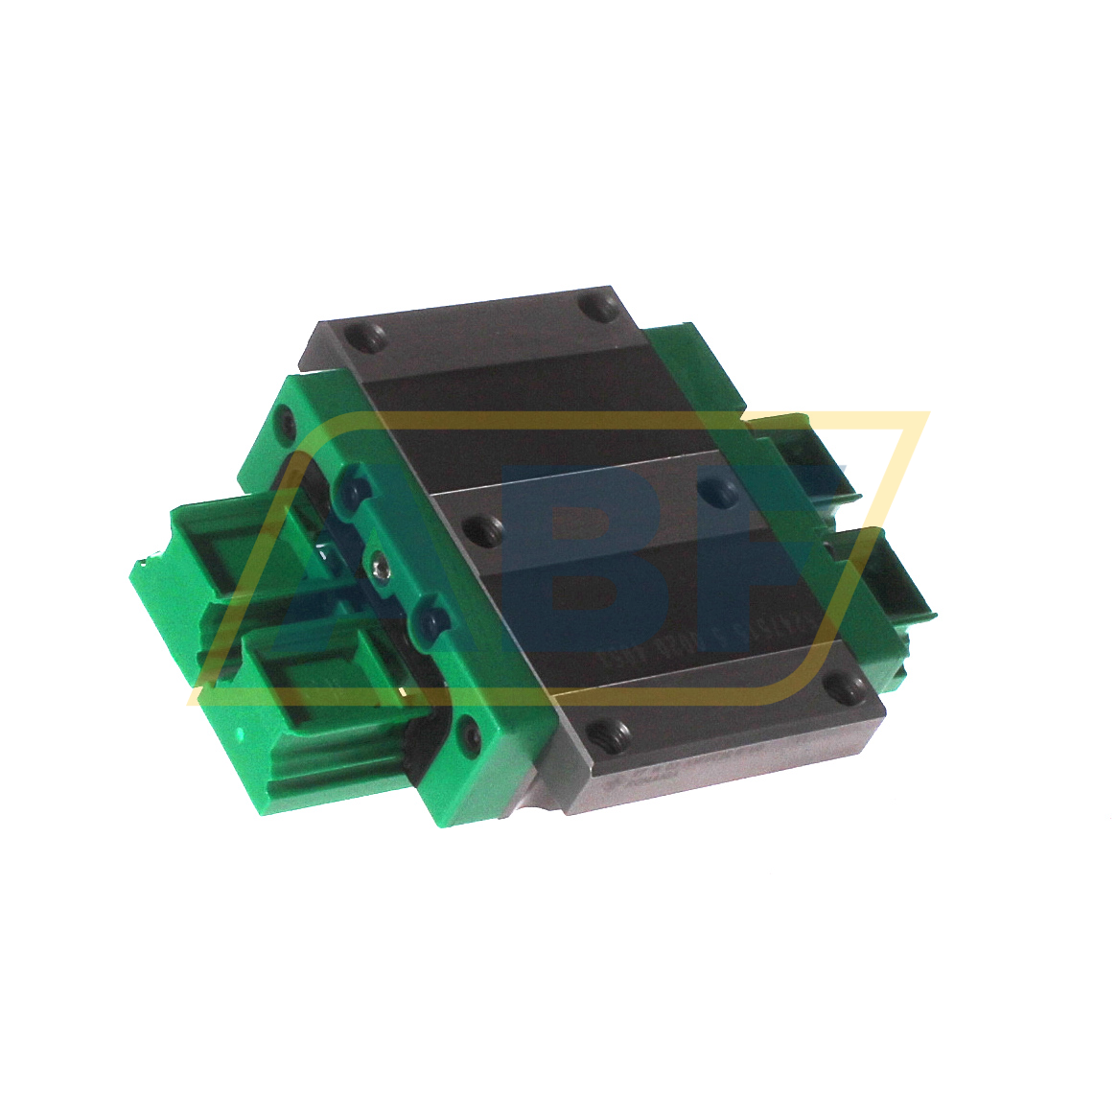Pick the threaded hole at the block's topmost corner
601,308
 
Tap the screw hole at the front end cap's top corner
286,423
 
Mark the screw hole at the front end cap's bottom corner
468,733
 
